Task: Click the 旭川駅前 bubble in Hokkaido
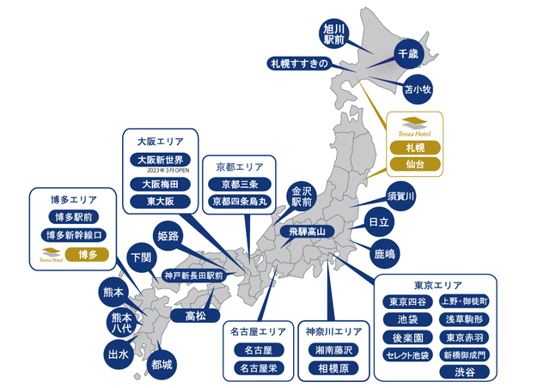pyautogui.click(x=333, y=34)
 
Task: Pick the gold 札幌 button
pyautogui.click(x=415, y=147)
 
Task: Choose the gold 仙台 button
pyautogui.click(x=415, y=163)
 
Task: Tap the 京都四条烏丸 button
pyautogui.click(x=240, y=202)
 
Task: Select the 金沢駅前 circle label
pyautogui.click(x=302, y=197)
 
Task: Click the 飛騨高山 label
pyautogui.click(x=307, y=231)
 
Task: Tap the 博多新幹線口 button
pyautogui.click(x=75, y=234)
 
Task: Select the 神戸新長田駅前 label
pyautogui.click(x=193, y=276)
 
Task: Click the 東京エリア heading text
pyautogui.click(x=437, y=285)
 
